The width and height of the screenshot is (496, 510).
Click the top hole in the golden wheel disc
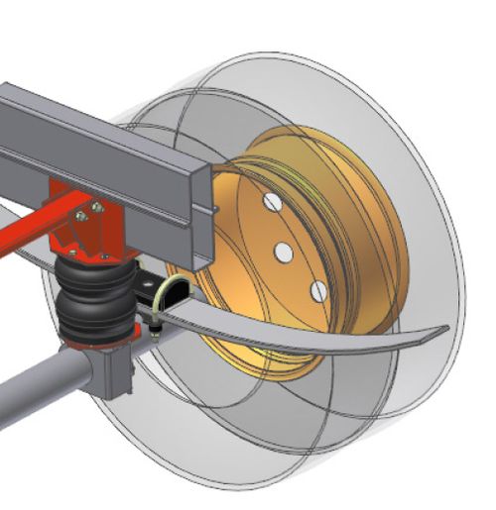pos(270,202)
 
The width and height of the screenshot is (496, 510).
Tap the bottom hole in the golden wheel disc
pos(317,290)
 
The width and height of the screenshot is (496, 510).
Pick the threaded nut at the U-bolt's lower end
pos(157,324)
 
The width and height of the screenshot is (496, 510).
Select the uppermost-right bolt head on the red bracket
pos(96,207)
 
